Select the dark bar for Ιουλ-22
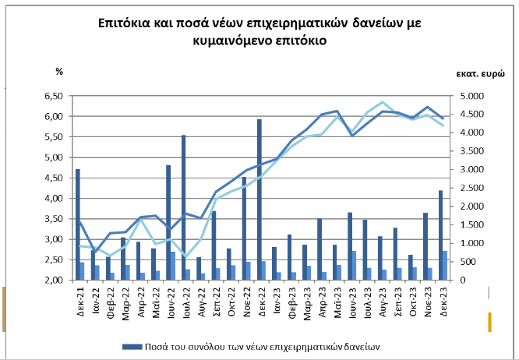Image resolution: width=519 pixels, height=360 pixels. pos(183,207)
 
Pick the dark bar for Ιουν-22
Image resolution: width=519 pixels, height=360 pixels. pos(168,222)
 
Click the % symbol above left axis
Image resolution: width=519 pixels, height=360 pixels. pos(58,72)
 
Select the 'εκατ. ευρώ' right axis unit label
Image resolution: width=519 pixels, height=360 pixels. pos(481,72)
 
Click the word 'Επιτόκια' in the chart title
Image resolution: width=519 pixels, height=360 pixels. pos(122,23)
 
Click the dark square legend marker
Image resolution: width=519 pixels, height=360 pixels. pos(126,344)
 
